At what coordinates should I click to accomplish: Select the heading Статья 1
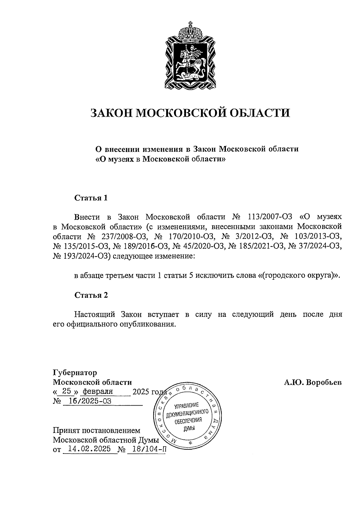coord(91,198)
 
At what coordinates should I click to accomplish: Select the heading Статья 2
coord(91,295)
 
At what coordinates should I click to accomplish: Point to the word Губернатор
coord(75,373)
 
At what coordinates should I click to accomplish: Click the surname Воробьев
coord(324,382)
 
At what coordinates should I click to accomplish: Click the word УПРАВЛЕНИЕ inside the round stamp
coord(186,406)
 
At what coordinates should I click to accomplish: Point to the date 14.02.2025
coord(89,449)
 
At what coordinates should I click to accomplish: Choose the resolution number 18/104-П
coord(146,449)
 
